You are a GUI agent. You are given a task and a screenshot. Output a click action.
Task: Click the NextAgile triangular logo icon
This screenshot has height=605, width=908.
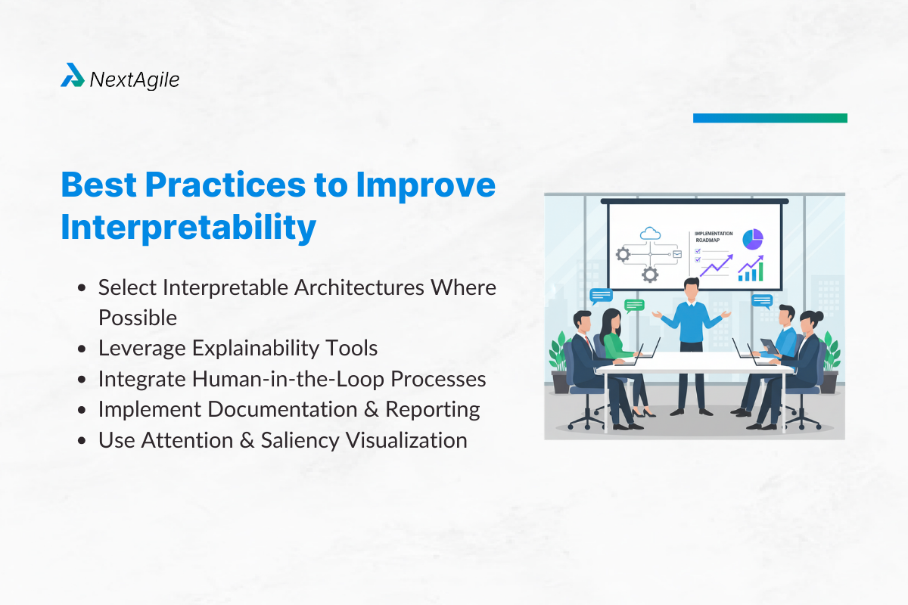(73, 76)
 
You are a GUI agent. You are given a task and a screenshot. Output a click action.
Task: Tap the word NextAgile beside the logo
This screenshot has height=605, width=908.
(134, 79)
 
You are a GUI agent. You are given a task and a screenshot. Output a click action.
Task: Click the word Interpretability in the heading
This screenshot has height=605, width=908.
(188, 227)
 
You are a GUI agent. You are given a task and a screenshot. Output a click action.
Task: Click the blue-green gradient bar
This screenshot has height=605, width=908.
(770, 118)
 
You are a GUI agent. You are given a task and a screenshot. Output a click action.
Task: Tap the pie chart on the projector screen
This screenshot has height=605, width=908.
(752, 239)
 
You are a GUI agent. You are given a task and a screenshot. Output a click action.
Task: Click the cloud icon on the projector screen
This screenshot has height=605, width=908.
(650, 234)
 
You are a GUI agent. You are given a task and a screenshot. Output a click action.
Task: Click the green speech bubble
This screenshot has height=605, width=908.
(634, 306)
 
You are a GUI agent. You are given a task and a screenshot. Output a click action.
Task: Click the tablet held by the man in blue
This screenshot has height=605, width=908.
(767, 345)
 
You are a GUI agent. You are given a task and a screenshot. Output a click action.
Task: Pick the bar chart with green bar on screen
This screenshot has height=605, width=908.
(751, 269)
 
